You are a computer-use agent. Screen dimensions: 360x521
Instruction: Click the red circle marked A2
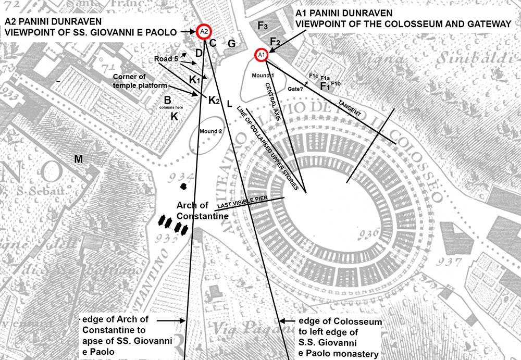click(204, 32)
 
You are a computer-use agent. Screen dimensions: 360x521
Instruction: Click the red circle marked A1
click(262, 55)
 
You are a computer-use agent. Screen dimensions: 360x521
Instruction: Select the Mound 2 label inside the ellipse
click(212, 131)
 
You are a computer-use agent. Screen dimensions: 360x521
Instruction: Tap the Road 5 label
click(167, 59)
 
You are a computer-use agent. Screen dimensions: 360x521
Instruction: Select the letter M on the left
click(79, 159)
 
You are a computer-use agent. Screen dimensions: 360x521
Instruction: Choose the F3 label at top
click(263, 26)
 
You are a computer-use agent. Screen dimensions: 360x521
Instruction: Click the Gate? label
click(296, 89)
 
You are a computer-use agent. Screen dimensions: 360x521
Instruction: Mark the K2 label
click(214, 100)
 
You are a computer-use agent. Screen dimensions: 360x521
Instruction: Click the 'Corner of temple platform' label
click(140, 81)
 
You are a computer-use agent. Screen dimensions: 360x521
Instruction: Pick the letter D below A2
click(199, 53)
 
